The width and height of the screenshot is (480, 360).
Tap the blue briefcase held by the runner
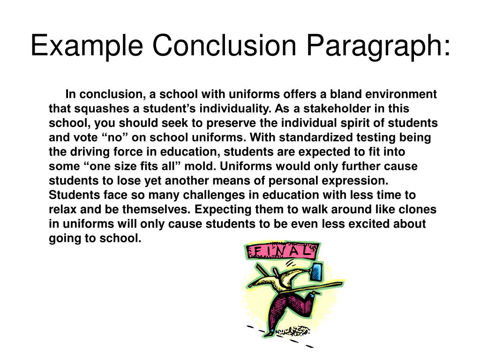point(318,273)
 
